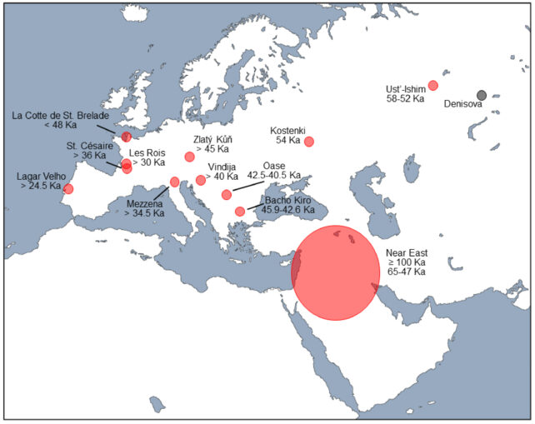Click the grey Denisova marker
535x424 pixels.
[482, 95]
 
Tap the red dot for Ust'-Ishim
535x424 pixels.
[432, 85]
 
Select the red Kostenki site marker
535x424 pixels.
[309, 141]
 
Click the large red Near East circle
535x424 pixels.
[335, 272]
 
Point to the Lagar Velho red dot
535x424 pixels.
[68, 189]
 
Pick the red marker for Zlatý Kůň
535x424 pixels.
[190, 157]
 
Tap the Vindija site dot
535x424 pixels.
[201, 180]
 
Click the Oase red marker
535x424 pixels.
[227, 194]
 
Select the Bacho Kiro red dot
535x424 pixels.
[240, 211]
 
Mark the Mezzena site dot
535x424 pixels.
[174, 182]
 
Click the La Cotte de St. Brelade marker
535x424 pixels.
[126, 136]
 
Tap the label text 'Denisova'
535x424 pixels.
[464, 106]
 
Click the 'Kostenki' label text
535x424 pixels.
[288, 131]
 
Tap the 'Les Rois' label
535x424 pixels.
[147, 152]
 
